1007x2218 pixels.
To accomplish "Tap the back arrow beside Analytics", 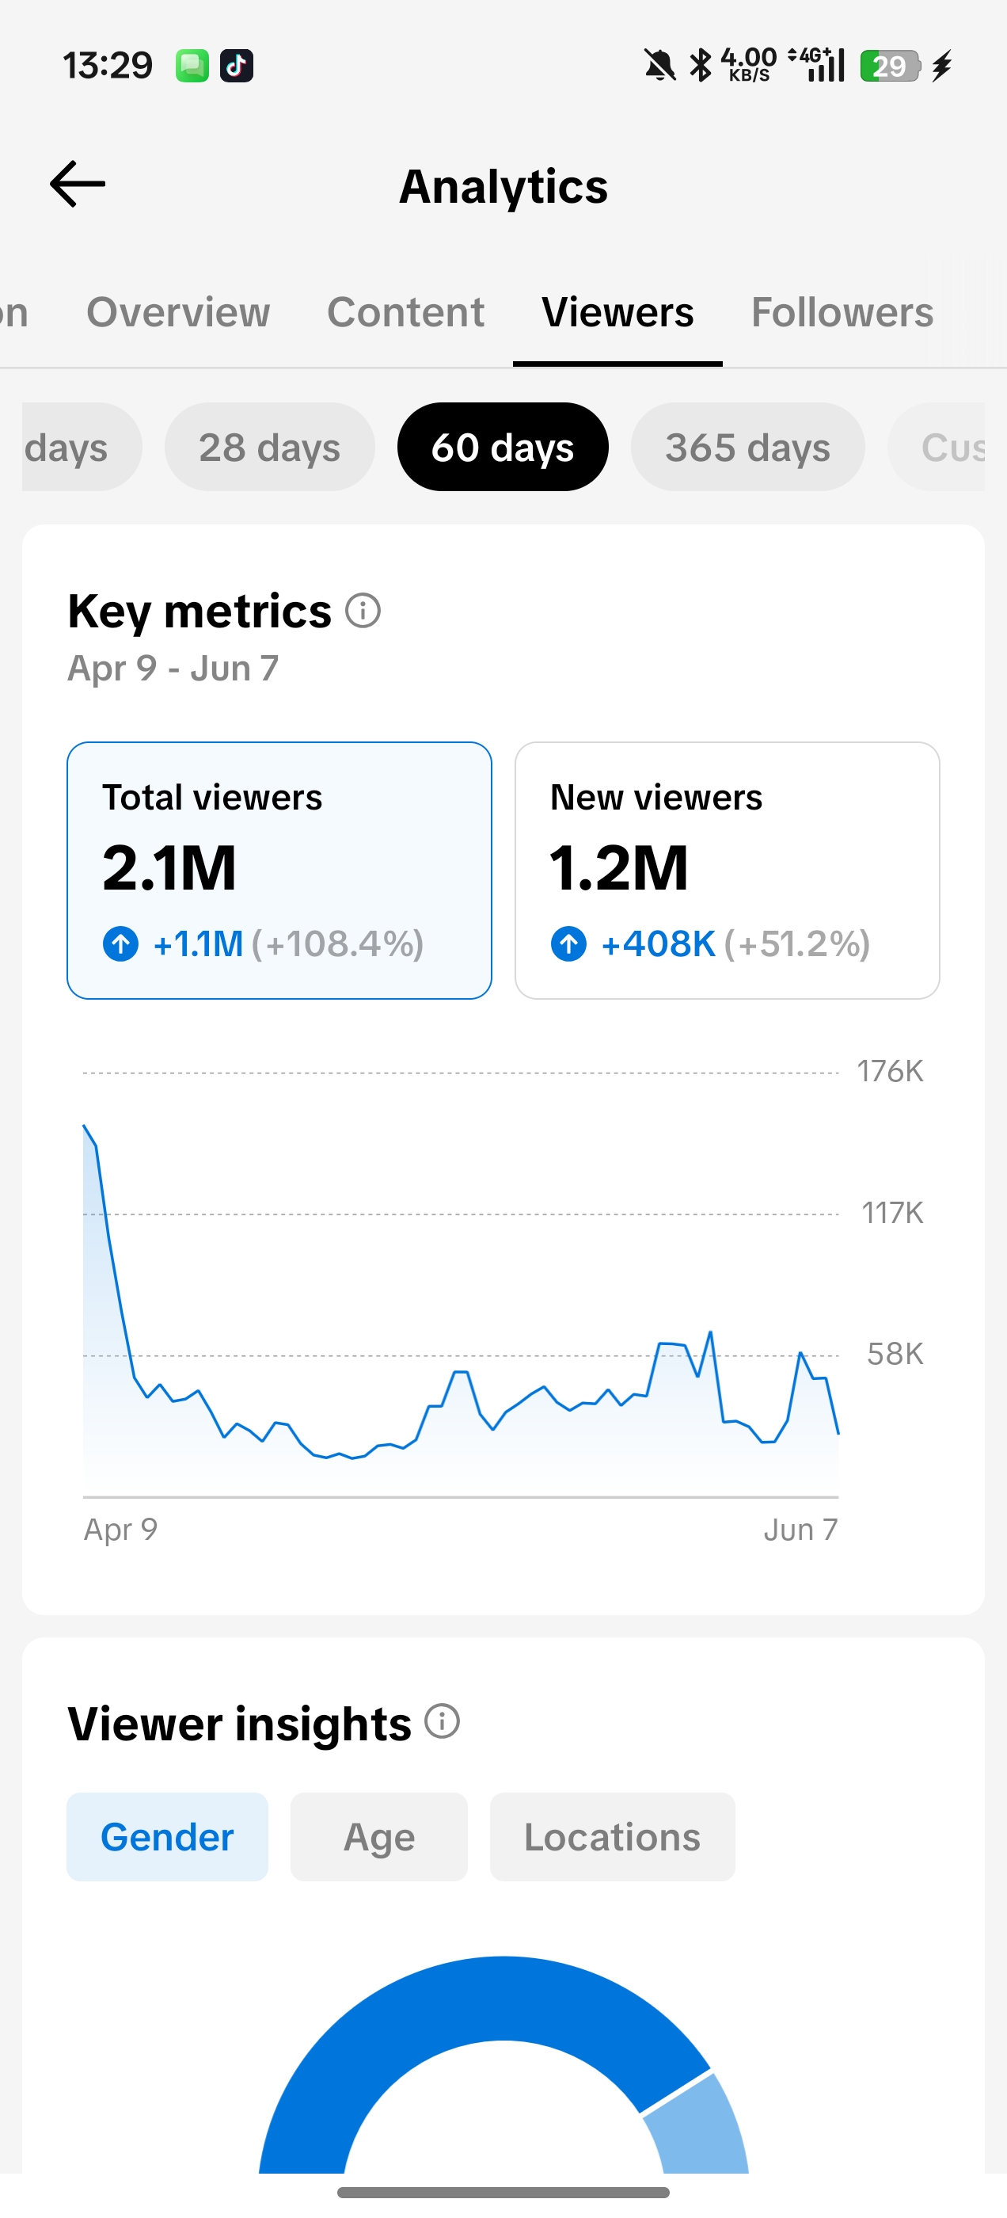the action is click(x=78, y=185).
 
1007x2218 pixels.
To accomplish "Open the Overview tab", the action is click(x=178, y=311).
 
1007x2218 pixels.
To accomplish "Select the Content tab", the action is click(x=405, y=311).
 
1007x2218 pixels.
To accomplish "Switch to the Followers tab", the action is click(x=842, y=311).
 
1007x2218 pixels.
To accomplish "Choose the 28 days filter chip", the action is click(x=269, y=447).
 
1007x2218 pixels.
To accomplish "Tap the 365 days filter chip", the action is click(x=748, y=447).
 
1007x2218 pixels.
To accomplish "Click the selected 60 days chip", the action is click(x=503, y=447).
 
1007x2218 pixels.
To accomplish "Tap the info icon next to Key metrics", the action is click(x=363, y=612).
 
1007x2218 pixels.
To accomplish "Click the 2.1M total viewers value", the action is click(x=169, y=868).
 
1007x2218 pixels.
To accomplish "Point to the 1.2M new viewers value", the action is click(x=619, y=868).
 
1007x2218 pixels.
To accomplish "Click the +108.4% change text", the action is click(x=338, y=943).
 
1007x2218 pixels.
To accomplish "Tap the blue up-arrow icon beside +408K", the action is click(x=569, y=943).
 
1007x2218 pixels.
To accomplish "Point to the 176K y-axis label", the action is click(x=890, y=1072).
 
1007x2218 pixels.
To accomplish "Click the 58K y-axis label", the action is click(x=895, y=1355).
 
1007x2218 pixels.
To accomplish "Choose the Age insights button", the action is click(x=378, y=1838).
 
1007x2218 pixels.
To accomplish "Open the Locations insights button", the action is click(x=612, y=1838).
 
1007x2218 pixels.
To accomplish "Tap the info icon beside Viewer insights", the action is click(x=443, y=1722).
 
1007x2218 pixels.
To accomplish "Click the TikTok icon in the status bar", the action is click(x=237, y=66).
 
